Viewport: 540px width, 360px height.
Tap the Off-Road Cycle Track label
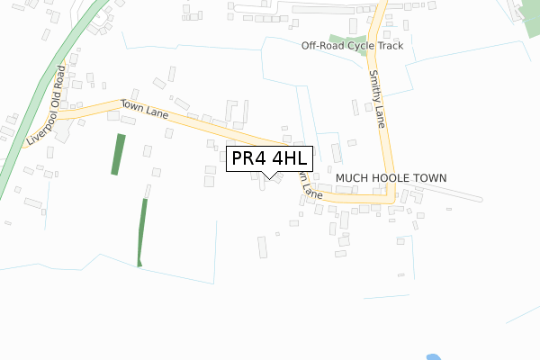(x=352, y=45)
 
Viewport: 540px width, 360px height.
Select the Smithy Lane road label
(x=375, y=100)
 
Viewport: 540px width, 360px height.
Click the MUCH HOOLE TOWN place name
(x=391, y=179)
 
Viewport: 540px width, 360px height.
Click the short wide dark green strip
(x=118, y=154)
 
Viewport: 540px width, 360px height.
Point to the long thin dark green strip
(x=142, y=232)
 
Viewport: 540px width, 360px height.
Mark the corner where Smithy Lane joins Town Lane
(x=388, y=199)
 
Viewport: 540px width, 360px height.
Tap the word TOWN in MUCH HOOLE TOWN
(x=428, y=179)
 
